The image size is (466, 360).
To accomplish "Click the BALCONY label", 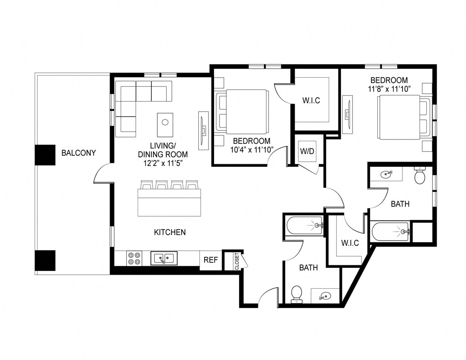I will pos(78,153).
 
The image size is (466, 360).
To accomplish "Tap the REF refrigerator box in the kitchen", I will pos(211,260).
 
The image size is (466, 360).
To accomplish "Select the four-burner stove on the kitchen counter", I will pos(134,258).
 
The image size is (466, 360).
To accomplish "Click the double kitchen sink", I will pos(164,258).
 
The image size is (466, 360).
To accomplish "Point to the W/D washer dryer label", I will pos(307,151).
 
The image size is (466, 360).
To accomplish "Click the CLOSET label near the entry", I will pos(237,261).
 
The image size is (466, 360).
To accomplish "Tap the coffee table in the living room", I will pos(165,122).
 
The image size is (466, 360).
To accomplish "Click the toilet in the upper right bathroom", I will pos(420,175).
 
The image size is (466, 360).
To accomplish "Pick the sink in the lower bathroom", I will pos(325,296).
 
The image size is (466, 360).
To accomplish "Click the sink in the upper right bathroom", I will pos(386,174).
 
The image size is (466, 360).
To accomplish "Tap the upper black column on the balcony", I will pos(45,155).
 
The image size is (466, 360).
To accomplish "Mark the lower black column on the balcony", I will pos(45,260).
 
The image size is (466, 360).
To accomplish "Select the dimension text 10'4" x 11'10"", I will pos(251,149).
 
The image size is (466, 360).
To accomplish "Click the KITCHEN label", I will pos(170,232).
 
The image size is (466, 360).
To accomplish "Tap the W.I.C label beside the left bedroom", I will pos(311,101).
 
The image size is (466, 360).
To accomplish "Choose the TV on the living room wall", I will pos(203,130).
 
